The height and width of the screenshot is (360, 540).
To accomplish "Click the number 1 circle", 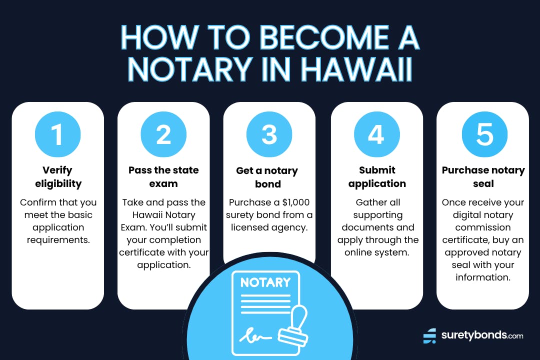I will point(57,134).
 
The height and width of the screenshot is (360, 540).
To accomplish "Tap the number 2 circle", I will point(163,134).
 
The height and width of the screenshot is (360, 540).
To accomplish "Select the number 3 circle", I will point(269,134).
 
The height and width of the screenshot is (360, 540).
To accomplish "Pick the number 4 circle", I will point(376,134).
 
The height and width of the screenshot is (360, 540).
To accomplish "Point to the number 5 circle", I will point(484,134).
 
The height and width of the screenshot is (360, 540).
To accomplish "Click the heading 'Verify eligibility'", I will point(58,176).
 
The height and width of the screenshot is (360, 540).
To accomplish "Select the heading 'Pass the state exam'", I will point(163,176).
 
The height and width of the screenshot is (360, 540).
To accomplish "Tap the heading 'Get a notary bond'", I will point(267,177).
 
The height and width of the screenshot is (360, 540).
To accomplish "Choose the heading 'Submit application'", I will point(377,176).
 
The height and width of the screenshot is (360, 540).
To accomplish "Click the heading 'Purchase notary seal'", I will point(483,176).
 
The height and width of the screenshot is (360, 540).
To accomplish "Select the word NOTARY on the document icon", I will point(264,282).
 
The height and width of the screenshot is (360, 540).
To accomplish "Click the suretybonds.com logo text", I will point(482,335).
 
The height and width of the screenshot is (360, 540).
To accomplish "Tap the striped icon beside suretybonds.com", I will point(429,335).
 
